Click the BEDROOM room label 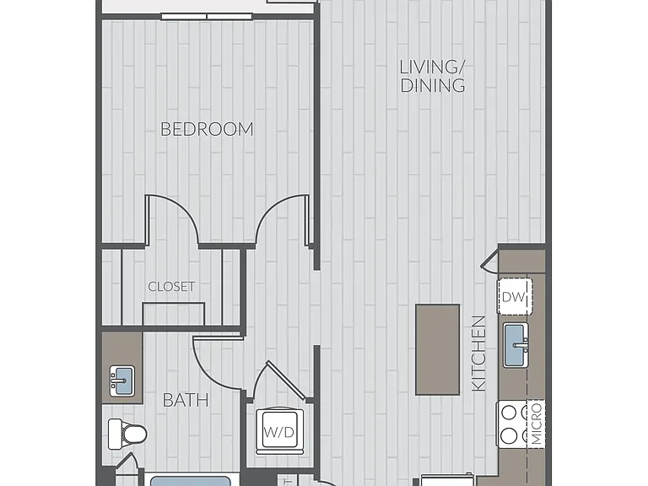click(207, 129)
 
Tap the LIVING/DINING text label click(433, 77)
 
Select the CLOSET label click(171, 286)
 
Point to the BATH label click(186, 400)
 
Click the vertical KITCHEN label click(478, 354)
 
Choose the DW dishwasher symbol click(515, 296)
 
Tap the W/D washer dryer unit click(279, 431)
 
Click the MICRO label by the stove click(537, 424)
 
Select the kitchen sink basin click(516, 345)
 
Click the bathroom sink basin click(121, 381)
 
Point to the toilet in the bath click(127, 434)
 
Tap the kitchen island click(437, 349)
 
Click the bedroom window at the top click(206, 17)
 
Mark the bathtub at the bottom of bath click(190, 480)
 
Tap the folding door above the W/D click(285, 379)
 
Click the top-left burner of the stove click(509, 412)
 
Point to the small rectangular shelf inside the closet click(174, 314)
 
